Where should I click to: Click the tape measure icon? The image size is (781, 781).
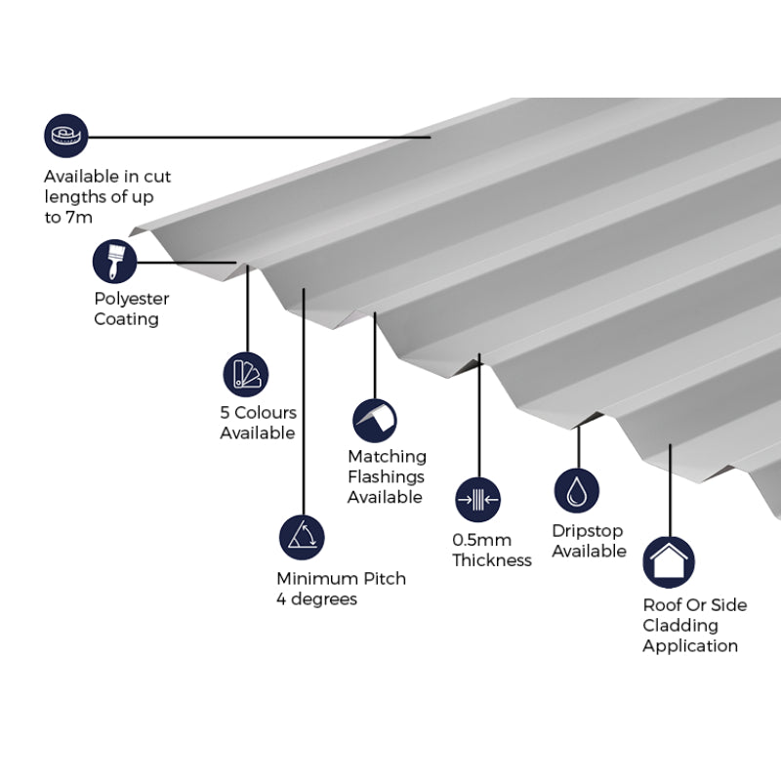coord(66,136)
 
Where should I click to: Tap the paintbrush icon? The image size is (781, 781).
coord(115,261)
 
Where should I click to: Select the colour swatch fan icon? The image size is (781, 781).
coord(245,374)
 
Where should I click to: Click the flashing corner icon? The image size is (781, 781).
coord(375,420)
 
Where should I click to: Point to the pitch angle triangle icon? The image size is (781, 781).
coord(301,536)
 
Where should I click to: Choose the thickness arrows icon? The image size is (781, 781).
coord(477,500)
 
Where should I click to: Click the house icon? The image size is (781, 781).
coord(669,562)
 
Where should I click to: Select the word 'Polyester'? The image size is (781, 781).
coord(132,299)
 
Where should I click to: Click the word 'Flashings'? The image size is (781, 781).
coord(386,477)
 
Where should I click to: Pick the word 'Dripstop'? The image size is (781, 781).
coord(587,531)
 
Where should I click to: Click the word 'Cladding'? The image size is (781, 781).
coord(679,626)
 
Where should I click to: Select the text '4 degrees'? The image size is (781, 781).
coord(316,599)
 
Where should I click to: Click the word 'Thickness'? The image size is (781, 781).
coord(492,560)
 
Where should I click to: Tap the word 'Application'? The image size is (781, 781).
coord(690,646)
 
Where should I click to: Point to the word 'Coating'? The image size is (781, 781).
coord(126,319)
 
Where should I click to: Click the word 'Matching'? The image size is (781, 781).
coord(387,457)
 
